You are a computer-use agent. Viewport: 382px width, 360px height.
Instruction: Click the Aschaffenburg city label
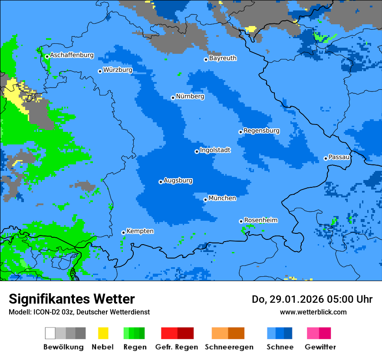coord(72,56)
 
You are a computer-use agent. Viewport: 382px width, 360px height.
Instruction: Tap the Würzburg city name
coord(118,70)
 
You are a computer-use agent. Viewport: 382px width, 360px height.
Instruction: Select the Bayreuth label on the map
coord(223,58)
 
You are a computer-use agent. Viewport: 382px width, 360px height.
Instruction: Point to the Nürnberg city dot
coord(173,98)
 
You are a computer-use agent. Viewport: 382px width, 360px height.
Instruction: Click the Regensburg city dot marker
coord(240,132)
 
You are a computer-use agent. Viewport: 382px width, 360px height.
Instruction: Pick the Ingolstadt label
coord(215,150)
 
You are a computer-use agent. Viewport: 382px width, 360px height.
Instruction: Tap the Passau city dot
coord(326,158)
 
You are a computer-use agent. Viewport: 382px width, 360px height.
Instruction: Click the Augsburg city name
coord(178,180)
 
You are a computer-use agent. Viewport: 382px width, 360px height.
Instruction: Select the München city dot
coord(205,200)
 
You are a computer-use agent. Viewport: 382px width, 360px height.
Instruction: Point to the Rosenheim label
coord(260,220)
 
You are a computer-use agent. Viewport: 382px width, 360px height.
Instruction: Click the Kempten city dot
coord(123,232)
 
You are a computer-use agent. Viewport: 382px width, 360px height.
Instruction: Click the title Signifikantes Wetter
coord(72,299)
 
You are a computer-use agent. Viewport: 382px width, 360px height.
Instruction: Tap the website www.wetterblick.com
coord(313,312)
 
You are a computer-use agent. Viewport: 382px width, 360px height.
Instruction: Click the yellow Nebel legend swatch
coord(103,333)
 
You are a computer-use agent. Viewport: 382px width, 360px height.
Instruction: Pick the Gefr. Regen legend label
coord(177,347)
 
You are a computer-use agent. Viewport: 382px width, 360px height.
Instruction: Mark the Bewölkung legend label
coord(63,347)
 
